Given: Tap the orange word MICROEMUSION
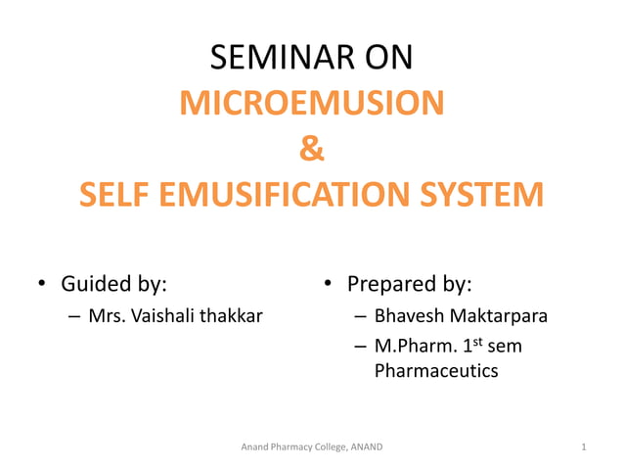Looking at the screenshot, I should pos(311,103).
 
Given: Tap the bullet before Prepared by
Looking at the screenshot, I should pos(329,286).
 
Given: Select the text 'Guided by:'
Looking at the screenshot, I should pos(113,285).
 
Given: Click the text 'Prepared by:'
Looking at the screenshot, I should pos(410,285).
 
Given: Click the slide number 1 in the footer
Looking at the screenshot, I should pos(583,447).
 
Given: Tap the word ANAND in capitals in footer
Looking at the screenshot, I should pos(364,447).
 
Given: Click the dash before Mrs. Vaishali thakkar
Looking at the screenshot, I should pos(75,317).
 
